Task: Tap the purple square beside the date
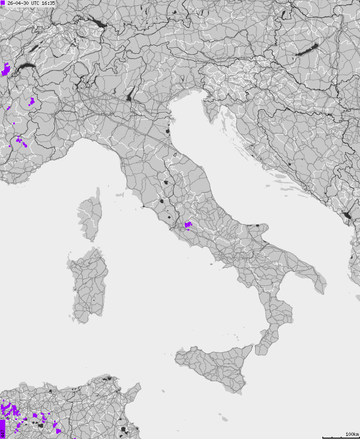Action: coord(3,3)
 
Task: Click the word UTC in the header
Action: coord(35,3)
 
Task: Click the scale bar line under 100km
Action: coord(341,437)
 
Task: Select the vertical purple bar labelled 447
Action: coord(2,428)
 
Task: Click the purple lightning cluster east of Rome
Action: coord(188,225)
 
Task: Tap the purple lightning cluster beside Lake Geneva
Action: coord(6,69)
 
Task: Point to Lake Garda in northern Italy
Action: coord(130,95)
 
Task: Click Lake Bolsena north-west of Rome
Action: coord(162,202)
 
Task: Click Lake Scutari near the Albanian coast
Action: coord(347,215)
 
